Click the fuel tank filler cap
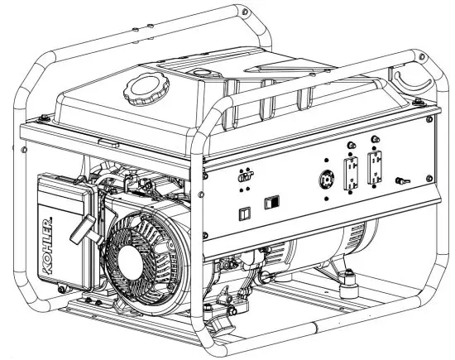pos(145,89)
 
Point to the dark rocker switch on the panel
pos(271,202)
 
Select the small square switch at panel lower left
pos(243,212)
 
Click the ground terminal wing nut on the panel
pos(403,178)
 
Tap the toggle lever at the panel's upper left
pos(243,176)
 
